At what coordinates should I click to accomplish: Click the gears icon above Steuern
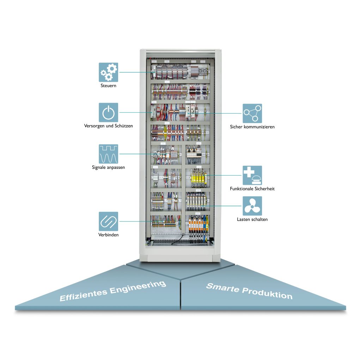[x=108, y=72]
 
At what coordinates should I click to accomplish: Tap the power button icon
[x=108, y=112]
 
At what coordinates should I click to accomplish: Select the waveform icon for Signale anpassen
[x=108, y=154]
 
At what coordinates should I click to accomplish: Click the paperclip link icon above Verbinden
[x=108, y=221]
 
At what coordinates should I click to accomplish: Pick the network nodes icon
[x=252, y=113]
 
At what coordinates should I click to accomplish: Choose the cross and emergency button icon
[x=252, y=175]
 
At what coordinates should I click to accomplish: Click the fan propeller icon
[x=252, y=206]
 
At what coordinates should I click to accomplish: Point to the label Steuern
[x=108, y=86]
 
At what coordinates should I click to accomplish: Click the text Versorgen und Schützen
[x=108, y=126]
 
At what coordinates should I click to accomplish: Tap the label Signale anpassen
[x=108, y=167]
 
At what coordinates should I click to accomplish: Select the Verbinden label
[x=108, y=235]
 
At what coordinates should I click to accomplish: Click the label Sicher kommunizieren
[x=252, y=127]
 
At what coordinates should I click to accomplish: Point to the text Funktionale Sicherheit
[x=252, y=189]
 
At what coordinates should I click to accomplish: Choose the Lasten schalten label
[x=252, y=219]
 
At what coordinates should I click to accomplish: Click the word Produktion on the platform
[x=268, y=293]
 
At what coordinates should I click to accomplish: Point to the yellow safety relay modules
[x=197, y=176]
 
